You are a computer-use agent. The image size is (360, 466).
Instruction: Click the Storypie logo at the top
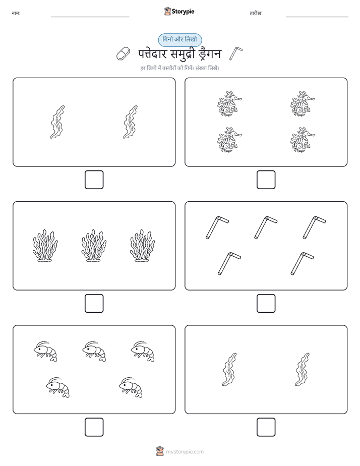179,11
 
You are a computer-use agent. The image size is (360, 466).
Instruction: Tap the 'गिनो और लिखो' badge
179,40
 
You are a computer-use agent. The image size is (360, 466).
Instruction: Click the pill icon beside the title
123,53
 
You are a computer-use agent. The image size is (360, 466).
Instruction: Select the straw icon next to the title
236,53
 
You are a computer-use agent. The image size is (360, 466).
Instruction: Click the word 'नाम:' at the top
16,13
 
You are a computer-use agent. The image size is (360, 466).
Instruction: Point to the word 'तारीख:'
256,13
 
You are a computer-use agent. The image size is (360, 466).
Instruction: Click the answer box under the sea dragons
266,180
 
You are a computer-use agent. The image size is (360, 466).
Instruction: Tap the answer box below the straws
266,303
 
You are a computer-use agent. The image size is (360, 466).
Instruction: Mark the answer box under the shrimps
94,427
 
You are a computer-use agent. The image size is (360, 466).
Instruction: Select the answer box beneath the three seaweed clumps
94,303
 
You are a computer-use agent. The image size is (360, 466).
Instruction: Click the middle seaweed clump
94,246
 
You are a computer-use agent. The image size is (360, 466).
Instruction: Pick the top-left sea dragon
229,104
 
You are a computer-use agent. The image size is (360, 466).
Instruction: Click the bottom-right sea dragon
302,140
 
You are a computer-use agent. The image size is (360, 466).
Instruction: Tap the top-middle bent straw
265,227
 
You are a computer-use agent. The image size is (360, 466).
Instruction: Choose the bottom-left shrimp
57,387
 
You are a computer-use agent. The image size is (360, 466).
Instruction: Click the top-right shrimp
143,352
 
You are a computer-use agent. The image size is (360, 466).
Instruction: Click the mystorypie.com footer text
185,452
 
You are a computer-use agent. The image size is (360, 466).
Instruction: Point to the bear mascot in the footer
160,451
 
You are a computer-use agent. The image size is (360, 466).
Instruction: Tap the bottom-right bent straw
302,263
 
